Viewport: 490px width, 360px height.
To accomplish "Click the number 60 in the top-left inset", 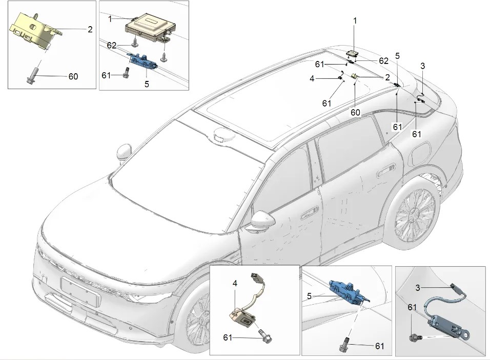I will [73, 77].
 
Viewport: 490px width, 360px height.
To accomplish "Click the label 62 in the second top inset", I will [113, 45].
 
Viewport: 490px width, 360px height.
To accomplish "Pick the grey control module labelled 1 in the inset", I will [150, 26].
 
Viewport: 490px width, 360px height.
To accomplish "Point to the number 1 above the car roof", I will [355, 20].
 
